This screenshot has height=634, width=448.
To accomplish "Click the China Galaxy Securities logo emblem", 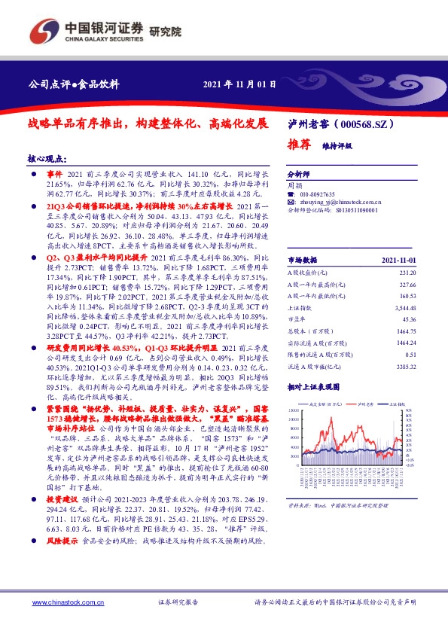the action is pos(44,30).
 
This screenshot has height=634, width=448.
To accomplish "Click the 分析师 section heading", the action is pos(299,172).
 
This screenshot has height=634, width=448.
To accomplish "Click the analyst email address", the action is pos(334,203).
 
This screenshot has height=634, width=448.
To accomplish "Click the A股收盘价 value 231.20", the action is pos(407,273).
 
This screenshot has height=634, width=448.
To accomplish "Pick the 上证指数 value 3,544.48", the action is pos(404,308).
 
